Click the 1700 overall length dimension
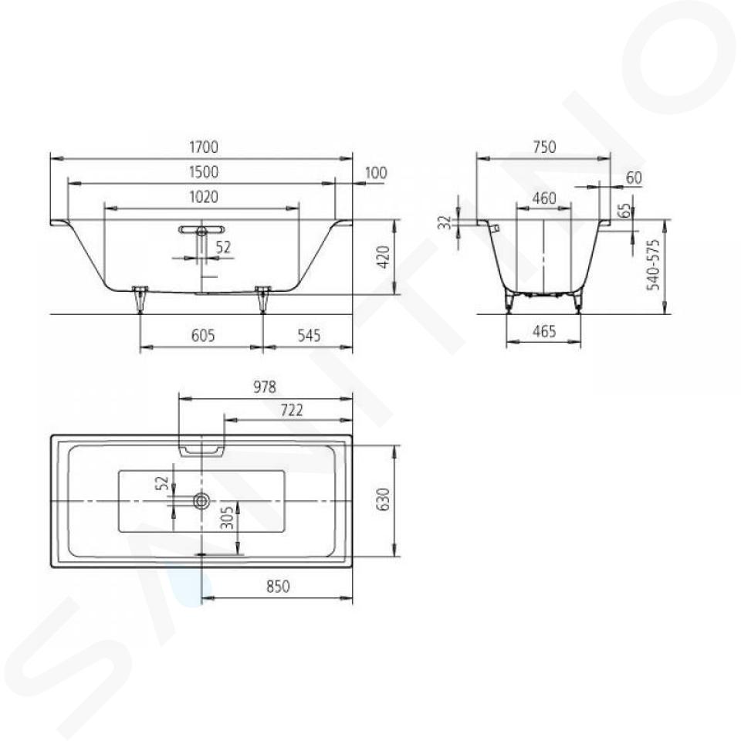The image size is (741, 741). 204,147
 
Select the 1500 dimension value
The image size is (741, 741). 204,172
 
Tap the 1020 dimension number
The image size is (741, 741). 204,197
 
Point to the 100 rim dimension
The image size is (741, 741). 376,173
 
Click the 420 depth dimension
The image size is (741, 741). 384,257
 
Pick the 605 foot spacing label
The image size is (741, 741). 203,336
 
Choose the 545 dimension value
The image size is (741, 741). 309,336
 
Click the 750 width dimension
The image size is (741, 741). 544,147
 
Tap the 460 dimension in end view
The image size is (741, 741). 544,198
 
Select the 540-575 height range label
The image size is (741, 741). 653,265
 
